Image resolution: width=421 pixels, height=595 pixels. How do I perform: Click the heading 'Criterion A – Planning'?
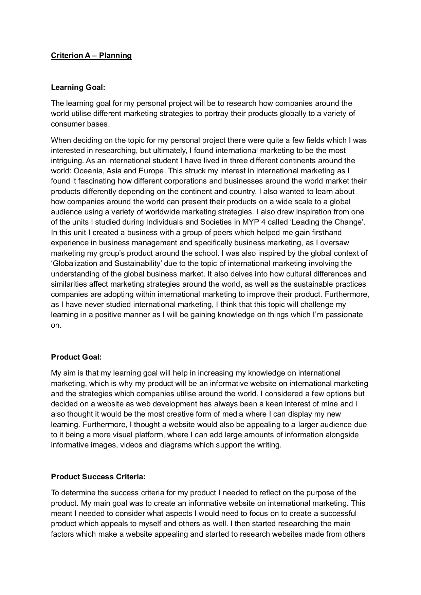(x=91, y=55)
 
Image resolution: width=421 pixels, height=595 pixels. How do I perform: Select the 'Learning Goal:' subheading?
(x=78, y=87)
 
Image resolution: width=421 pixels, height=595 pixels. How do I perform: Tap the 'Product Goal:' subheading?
(x=76, y=357)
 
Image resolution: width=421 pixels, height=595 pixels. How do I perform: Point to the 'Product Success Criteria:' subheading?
(x=98, y=477)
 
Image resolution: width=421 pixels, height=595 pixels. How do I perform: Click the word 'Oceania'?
(x=83, y=171)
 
